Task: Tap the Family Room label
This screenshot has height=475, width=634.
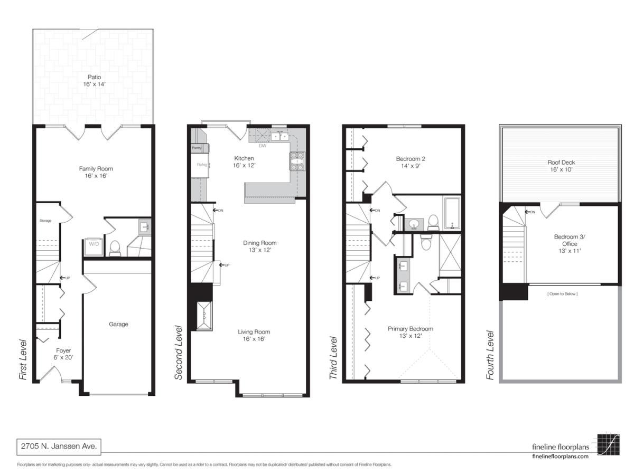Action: (x=96, y=172)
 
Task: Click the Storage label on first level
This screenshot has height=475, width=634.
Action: (x=45, y=220)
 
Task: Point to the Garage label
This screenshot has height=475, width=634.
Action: (x=118, y=324)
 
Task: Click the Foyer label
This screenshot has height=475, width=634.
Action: (x=63, y=354)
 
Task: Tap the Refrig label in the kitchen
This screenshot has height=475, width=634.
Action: (x=201, y=165)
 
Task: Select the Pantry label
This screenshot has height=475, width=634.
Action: (x=197, y=148)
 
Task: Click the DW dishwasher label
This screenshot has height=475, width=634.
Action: (x=262, y=146)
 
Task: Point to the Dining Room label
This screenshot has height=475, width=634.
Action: (x=259, y=246)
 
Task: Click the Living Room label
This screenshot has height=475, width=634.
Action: (x=254, y=335)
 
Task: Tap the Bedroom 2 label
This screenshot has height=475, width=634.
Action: (x=411, y=161)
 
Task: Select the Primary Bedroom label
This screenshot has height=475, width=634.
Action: (x=410, y=332)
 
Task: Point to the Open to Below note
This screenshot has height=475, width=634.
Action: (x=562, y=293)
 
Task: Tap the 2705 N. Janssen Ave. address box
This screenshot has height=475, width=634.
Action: (x=58, y=446)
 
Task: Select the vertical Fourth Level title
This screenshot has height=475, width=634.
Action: (x=490, y=355)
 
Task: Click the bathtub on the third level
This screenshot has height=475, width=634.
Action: (x=452, y=213)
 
